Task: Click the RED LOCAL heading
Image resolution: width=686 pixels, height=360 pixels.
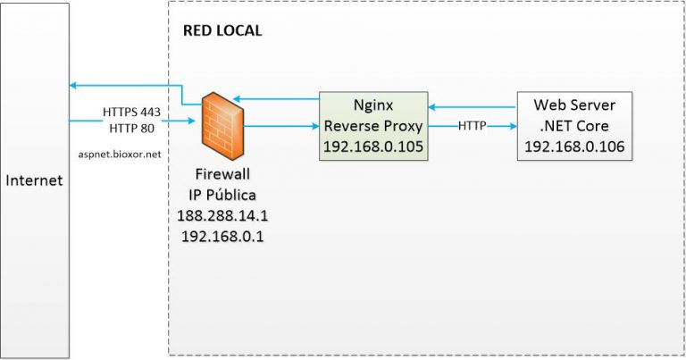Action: coord(222,30)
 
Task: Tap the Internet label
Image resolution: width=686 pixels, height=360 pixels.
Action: coord(34,180)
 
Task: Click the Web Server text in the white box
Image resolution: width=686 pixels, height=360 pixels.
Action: coord(573,105)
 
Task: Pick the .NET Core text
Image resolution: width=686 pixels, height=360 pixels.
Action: coord(573,124)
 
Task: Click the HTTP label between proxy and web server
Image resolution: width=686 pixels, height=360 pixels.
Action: coord(472,127)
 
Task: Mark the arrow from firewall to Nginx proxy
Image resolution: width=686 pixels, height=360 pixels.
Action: coord(281,127)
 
